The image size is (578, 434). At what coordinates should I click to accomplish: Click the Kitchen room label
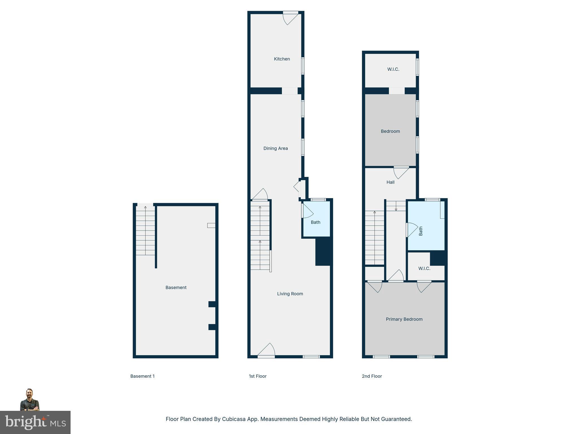[282, 59]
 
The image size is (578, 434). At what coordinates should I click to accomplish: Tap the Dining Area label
[275, 148]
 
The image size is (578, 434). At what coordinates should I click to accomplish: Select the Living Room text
[290, 294]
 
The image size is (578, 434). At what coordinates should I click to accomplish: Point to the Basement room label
[176, 288]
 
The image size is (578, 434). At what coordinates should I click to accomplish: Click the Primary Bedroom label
[404, 319]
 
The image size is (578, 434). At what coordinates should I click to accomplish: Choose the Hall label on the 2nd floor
[390, 182]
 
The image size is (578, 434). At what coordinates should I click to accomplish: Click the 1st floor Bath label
[316, 222]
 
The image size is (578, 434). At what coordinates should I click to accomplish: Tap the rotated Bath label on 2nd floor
[421, 231]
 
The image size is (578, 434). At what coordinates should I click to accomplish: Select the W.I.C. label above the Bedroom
[393, 69]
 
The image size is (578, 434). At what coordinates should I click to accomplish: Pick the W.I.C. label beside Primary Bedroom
[424, 268]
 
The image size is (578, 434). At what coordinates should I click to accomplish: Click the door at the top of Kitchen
[290, 18]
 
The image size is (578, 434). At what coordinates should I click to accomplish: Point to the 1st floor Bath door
[307, 211]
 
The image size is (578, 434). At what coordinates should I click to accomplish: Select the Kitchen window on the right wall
[303, 66]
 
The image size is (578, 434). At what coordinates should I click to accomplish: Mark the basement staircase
[145, 231]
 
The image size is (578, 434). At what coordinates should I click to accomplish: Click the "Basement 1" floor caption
[143, 376]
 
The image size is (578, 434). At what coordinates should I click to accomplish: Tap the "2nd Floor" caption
[372, 376]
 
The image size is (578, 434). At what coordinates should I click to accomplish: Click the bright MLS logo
[35, 423]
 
